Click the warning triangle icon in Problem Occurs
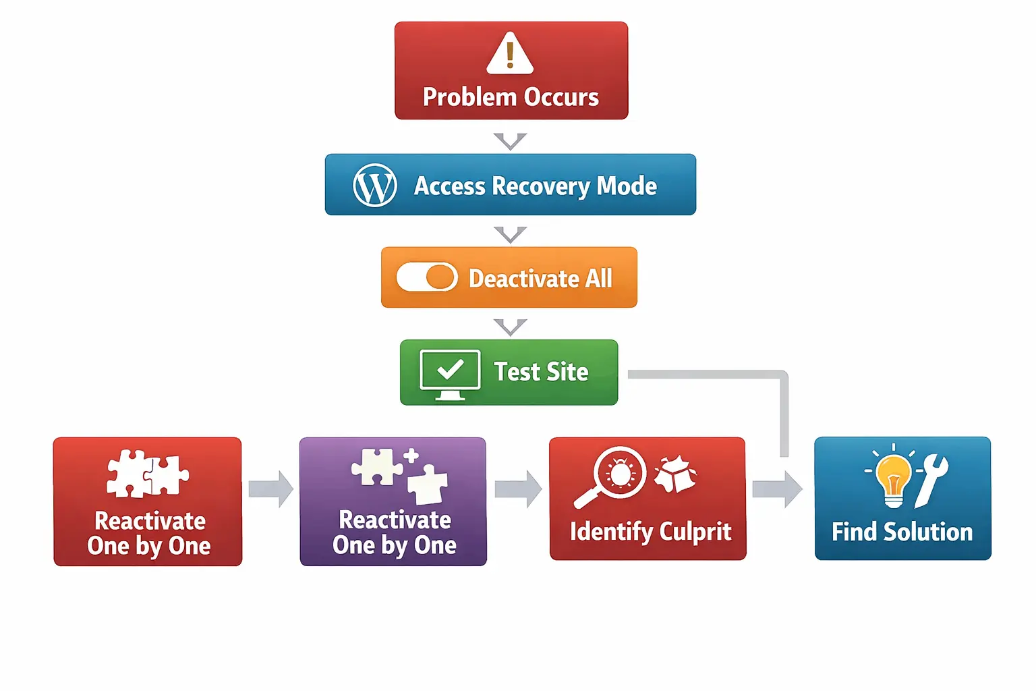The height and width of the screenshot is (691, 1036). click(510, 53)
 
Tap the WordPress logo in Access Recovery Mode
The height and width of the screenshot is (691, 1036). click(375, 185)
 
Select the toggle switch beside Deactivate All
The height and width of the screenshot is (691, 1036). click(427, 277)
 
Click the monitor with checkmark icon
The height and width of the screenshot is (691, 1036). click(450, 373)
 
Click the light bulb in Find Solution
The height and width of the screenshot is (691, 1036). click(893, 479)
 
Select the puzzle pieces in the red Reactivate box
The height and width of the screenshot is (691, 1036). click(148, 474)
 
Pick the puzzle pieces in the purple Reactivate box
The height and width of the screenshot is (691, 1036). click(399, 475)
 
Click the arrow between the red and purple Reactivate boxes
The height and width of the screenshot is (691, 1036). click(270, 489)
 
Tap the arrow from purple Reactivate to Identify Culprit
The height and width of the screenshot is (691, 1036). click(517, 489)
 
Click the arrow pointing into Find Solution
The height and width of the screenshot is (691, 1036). click(777, 489)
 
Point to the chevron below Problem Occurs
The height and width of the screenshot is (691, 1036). click(510, 141)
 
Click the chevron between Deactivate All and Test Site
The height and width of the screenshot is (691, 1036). click(510, 327)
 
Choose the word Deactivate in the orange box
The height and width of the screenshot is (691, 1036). click(524, 278)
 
